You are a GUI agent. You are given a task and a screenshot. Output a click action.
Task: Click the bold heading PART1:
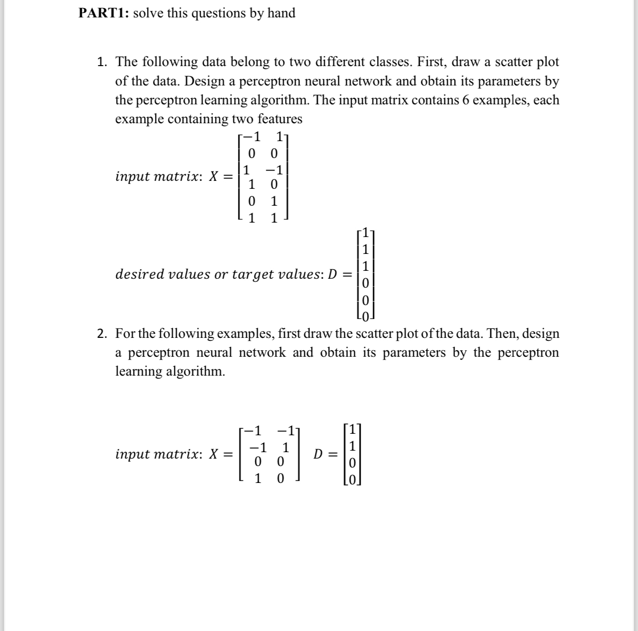pyautogui.click(x=104, y=13)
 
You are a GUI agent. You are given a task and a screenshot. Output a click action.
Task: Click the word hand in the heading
pyautogui.click(x=281, y=13)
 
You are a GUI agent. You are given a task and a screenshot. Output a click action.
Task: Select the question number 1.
pyautogui.click(x=101, y=62)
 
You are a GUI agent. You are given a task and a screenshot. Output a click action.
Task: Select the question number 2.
pyautogui.click(x=101, y=333)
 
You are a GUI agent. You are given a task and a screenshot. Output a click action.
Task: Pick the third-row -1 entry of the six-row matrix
pyautogui.click(x=274, y=170)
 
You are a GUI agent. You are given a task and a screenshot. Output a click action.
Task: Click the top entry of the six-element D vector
pyautogui.click(x=365, y=232)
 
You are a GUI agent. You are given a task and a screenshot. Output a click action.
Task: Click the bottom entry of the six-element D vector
pyautogui.click(x=365, y=316)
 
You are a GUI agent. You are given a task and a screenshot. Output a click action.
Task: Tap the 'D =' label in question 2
pyautogui.click(x=325, y=454)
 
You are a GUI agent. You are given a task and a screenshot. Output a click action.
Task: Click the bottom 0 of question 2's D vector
pyautogui.click(x=352, y=480)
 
